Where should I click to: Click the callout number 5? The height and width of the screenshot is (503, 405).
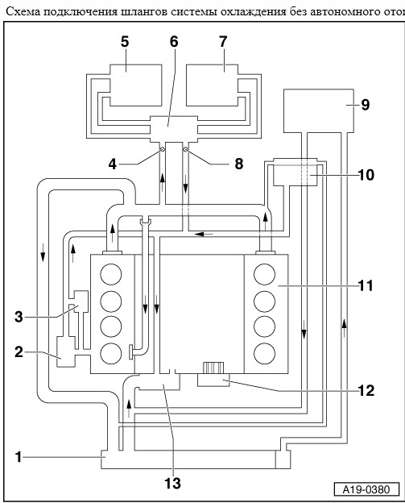pyautogui.click(x=125, y=42)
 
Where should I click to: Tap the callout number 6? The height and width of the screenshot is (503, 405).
pyautogui.click(x=174, y=42)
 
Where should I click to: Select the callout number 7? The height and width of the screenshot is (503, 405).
pyautogui.click(x=223, y=42)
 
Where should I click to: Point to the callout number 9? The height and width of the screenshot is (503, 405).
pyautogui.click(x=366, y=105)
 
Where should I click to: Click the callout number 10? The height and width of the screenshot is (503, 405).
pyautogui.click(x=366, y=175)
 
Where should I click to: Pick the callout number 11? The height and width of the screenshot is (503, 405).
pyautogui.click(x=366, y=285)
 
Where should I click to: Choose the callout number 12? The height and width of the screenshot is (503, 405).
pyautogui.click(x=366, y=390)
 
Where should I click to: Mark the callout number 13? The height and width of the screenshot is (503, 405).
pyautogui.click(x=172, y=483)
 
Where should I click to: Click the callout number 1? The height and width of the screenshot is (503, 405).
pyautogui.click(x=19, y=457)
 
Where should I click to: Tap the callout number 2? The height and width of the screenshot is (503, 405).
pyautogui.click(x=19, y=352)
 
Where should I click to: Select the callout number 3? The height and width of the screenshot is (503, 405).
pyautogui.click(x=19, y=317)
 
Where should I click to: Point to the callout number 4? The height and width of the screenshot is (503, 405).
pyautogui.click(x=112, y=164)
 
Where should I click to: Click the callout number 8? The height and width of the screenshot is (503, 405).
pyautogui.click(x=239, y=164)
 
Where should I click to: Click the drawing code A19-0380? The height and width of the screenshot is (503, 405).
pyautogui.click(x=366, y=489)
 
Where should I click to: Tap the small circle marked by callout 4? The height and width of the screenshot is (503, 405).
pyautogui.click(x=162, y=149)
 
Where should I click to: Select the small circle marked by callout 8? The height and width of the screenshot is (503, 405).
pyautogui.click(x=185, y=149)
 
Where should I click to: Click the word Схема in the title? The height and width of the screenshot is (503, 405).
pyautogui.click(x=23, y=12)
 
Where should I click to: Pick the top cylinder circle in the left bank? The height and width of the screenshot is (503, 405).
pyautogui.click(x=111, y=275)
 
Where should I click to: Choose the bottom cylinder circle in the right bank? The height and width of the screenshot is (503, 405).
pyautogui.click(x=264, y=353)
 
